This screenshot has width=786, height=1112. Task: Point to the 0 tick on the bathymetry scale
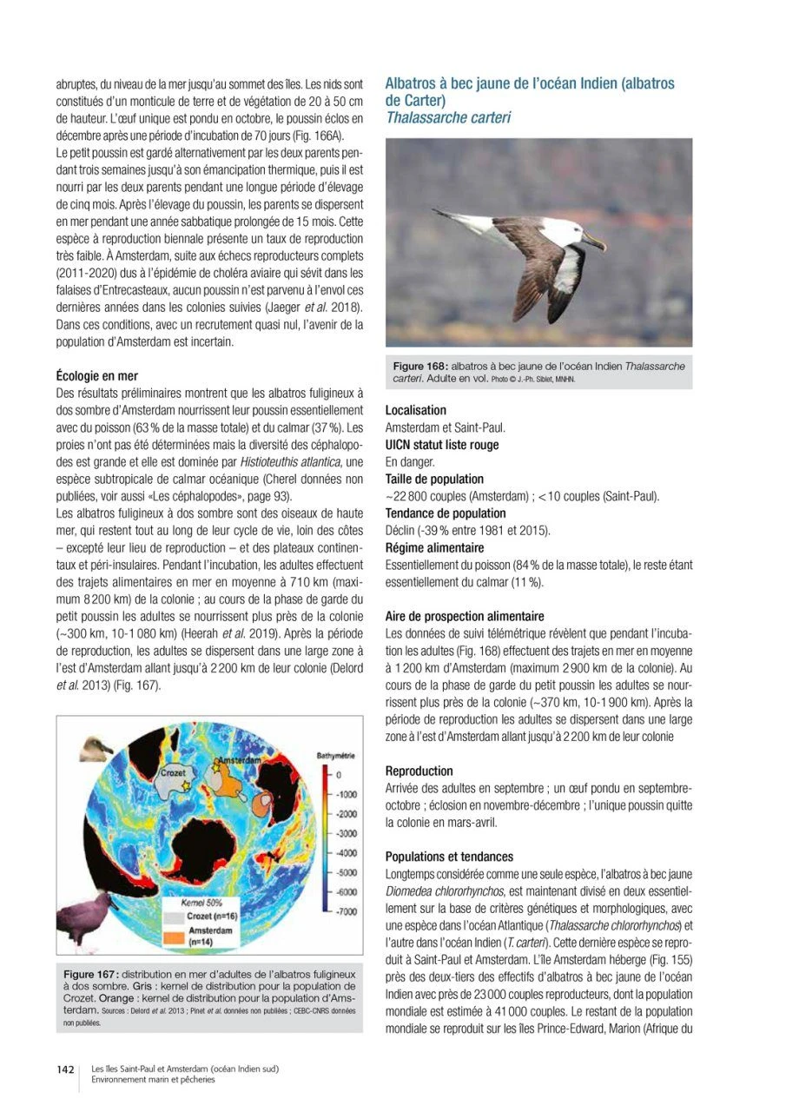[340, 775]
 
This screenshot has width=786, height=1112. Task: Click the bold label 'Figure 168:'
[420, 366]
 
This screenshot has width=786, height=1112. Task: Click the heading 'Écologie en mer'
[96, 377]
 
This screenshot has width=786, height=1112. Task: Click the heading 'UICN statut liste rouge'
[442, 445]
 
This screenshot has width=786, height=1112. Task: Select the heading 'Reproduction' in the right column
[419, 771]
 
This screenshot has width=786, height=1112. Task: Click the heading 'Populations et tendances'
[449, 856]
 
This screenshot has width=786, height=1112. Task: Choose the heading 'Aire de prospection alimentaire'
[465, 616]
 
